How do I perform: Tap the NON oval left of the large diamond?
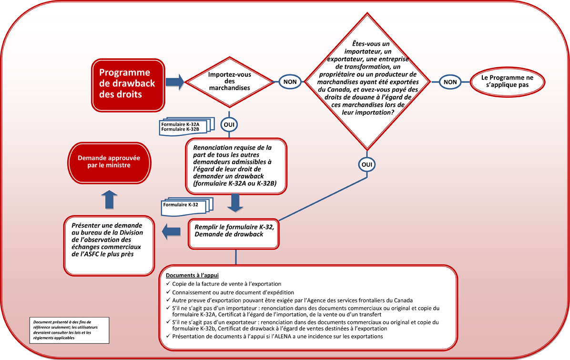290,82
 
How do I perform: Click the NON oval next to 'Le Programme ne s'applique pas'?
450,82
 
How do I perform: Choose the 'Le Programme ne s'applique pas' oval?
508,82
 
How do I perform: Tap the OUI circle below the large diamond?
367,164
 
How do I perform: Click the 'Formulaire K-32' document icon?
186,205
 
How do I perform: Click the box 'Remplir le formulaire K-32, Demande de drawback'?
234,233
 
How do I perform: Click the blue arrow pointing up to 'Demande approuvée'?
109,199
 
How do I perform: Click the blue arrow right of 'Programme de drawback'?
174,82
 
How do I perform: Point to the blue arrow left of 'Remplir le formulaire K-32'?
172,232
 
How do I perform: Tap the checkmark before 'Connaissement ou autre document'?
168,292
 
